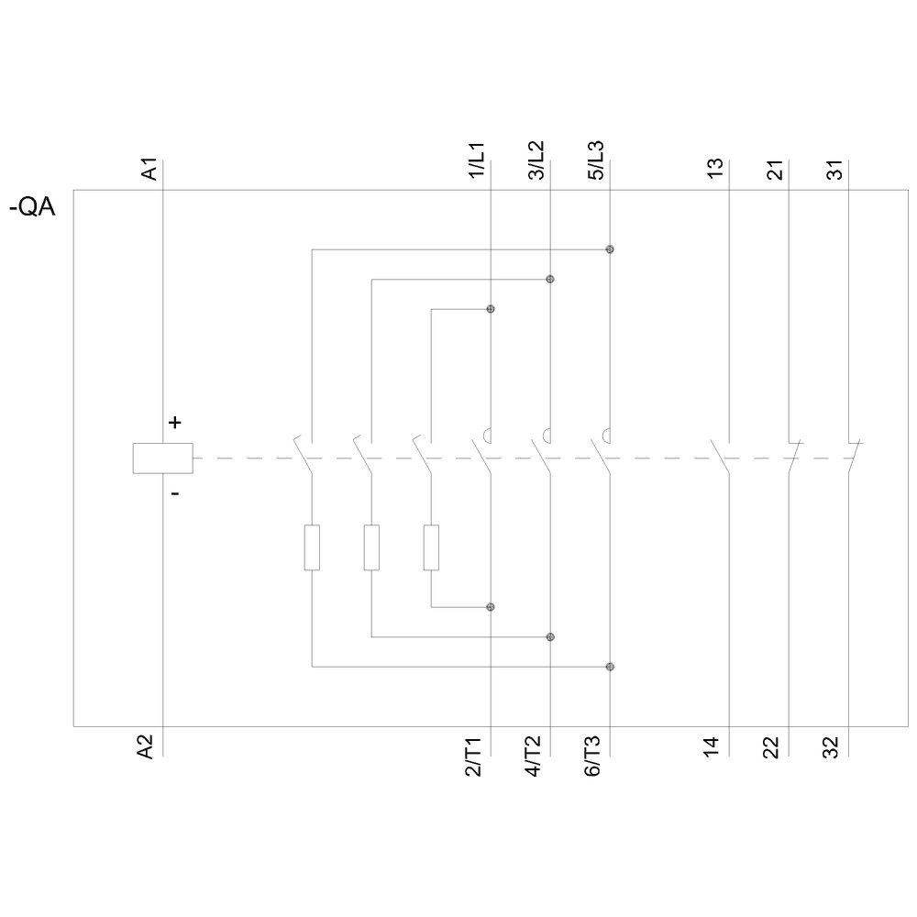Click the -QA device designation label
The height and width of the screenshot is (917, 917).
(x=32, y=208)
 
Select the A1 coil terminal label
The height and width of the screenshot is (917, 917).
(x=150, y=170)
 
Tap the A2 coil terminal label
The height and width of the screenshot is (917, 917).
(x=146, y=747)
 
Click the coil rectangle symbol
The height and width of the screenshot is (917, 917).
(x=162, y=458)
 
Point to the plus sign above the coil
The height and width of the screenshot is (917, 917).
(x=174, y=423)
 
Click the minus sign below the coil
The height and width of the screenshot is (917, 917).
(x=174, y=494)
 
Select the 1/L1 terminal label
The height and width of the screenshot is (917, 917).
(x=477, y=161)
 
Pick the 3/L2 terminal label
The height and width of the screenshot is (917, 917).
(x=536, y=161)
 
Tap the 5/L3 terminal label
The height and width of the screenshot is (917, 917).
(x=596, y=161)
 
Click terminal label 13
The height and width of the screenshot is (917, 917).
(x=716, y=168)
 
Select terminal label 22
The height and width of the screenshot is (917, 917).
(x=771, y=747)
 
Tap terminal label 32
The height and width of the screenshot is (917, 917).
(x=831, y=747)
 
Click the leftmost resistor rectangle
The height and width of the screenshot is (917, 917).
(x=312, y=547)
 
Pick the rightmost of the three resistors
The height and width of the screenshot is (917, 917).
(x=431, y=547)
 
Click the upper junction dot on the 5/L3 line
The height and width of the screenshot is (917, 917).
(x=610, y=249)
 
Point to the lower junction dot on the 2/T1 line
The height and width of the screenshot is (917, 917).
(x=491, y=607)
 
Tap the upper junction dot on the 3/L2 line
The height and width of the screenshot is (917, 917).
(x=550, y=279)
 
